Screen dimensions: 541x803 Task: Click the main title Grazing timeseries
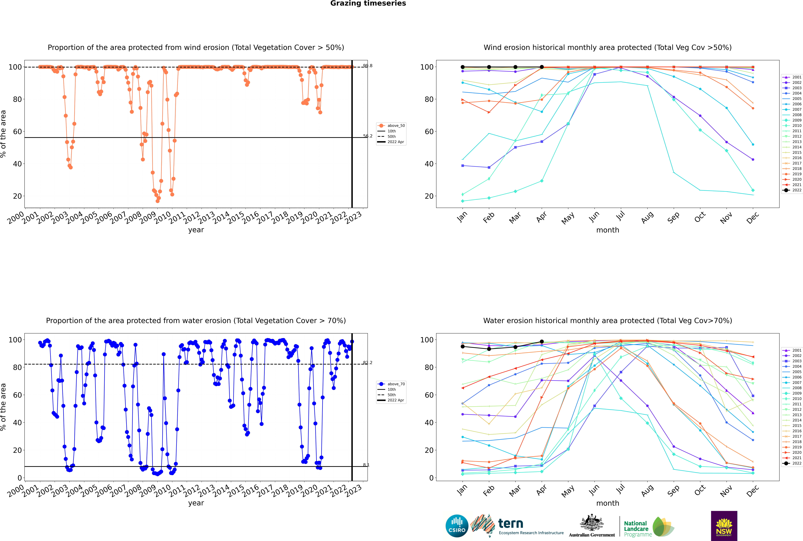368,3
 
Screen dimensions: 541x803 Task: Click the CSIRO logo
457,526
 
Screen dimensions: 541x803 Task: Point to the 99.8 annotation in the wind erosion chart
368,66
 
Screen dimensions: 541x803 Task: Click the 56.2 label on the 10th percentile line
368,136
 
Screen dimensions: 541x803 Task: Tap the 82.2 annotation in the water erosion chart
368,363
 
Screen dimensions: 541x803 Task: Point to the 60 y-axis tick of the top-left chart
17,131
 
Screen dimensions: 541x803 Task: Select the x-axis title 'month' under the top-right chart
608,230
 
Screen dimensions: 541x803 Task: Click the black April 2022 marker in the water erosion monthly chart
542,342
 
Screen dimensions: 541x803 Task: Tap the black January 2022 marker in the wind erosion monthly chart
463,67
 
